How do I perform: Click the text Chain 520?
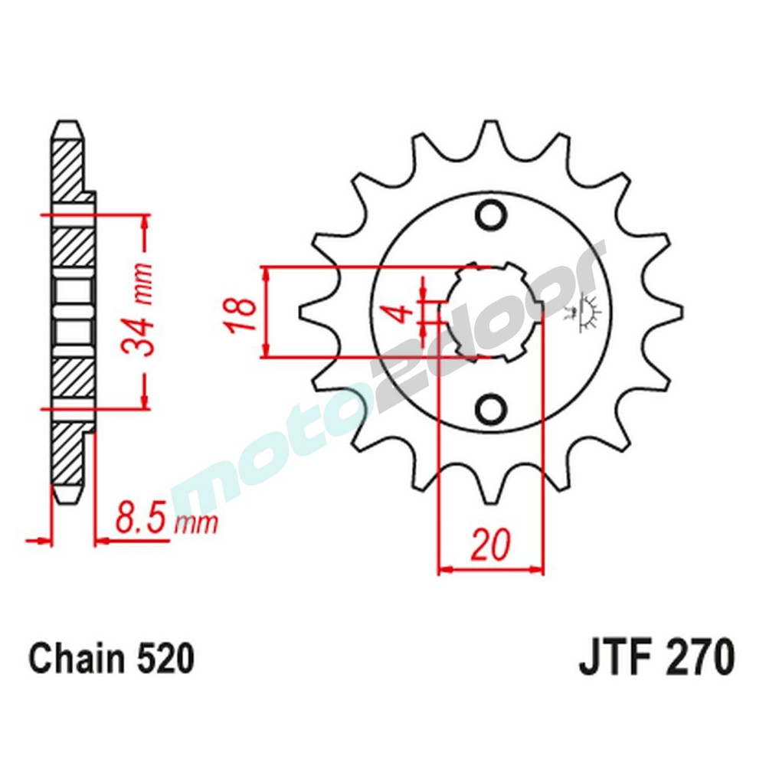(x=111, y=659)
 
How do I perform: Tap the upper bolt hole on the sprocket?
(x=490, y=214)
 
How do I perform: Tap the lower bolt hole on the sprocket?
(x=490, y=408)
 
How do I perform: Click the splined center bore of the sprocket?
(x=490, y=311)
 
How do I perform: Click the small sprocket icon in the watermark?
(x=588, y=314)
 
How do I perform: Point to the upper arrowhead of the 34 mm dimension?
(x=143, y=223)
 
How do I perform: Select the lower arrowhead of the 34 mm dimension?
(x=143, y=400)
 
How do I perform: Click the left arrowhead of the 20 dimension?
(x=445, y=570)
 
